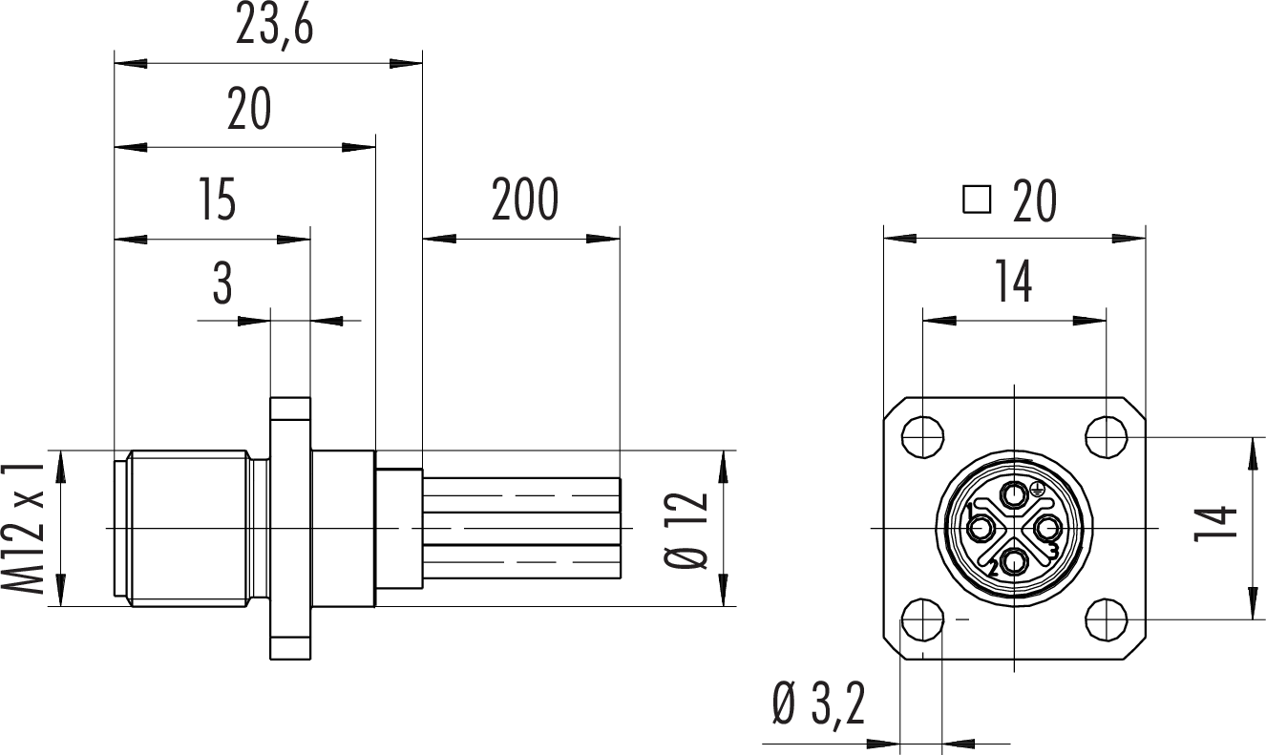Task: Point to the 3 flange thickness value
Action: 222,283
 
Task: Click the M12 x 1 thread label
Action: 31,528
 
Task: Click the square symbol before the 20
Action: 977,200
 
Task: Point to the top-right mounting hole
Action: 1107,436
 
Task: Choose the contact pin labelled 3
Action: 1046,527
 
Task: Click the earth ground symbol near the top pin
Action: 1037,491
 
